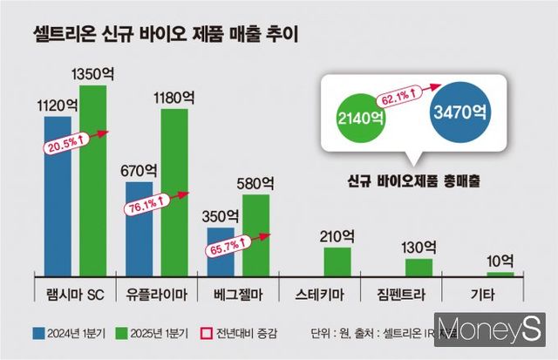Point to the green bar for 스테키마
point(337,261)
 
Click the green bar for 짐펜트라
point(418,266)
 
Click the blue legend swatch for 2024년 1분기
point(40,332)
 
